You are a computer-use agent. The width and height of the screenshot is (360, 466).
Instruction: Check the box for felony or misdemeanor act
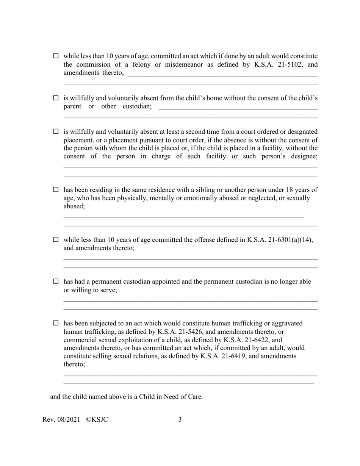point(56,56)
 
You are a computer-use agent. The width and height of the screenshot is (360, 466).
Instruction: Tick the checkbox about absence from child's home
point(56,98)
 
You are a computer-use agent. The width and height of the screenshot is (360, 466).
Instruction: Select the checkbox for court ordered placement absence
point(56,131)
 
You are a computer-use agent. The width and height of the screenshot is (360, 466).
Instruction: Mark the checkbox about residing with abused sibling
point(56,189)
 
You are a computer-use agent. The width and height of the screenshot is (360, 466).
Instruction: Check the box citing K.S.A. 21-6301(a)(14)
point(56,239)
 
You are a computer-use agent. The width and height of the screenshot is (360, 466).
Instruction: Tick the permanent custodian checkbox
point(56,281)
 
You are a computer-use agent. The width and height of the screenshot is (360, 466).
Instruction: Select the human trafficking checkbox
point(56,323)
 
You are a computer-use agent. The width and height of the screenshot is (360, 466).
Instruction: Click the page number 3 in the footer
point(180,419)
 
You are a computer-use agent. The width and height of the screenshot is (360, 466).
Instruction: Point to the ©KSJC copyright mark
point(97,419)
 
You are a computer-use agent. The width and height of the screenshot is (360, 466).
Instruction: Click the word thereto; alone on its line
point(74,364)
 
